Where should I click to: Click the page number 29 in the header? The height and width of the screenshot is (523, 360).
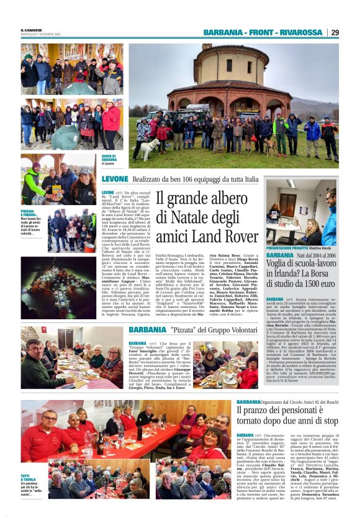335,32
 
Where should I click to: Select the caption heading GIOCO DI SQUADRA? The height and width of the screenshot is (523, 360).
109,157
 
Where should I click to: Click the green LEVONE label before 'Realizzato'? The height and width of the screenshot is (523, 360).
115,179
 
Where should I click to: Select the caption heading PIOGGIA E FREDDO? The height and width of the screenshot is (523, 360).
30,213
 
